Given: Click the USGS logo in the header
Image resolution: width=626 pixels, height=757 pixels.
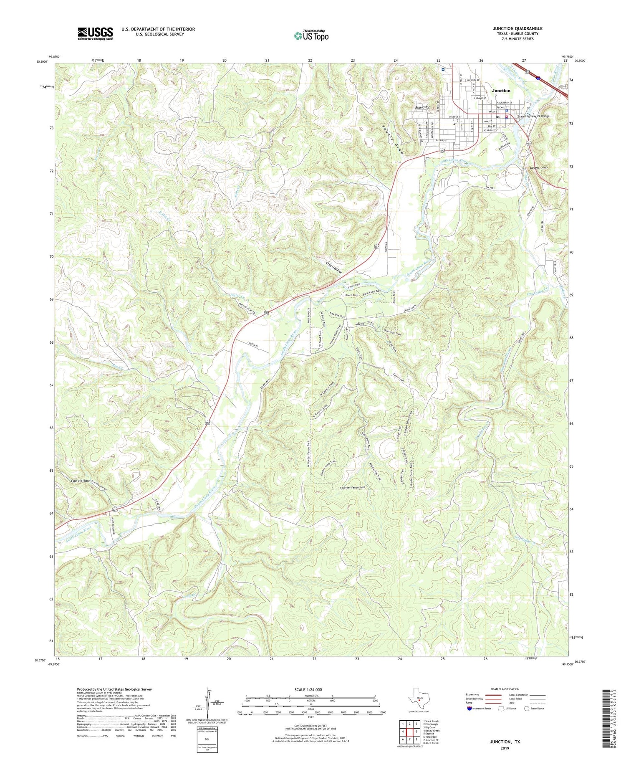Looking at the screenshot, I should click(x=95, y=33).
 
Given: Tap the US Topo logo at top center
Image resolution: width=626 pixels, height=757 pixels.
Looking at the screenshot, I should click(x=311, y=36).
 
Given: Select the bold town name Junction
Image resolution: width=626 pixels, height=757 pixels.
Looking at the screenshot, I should click(x=501, y=91).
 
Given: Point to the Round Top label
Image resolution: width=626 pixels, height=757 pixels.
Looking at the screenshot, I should click(x=422, y=107).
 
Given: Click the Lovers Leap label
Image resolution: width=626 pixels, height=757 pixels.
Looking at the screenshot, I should click(x=538, y=167).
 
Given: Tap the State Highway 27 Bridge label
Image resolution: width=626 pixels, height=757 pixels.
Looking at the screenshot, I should click(x=533, y=116).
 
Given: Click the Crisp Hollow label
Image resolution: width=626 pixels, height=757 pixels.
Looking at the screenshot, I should click(x=334, y=267).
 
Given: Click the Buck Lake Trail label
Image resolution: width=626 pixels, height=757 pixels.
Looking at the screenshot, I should click(x=372, y=292).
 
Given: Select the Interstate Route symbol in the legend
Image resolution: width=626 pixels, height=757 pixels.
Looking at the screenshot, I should click(x=469, y=709).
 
